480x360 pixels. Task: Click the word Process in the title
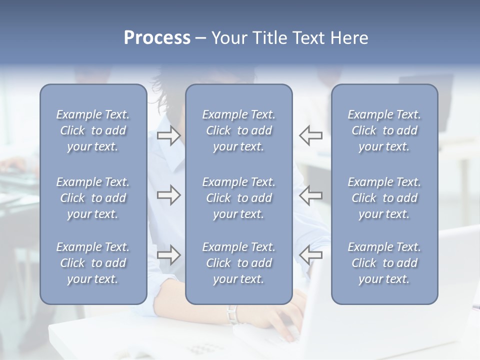pyautogui.click(x=157, y=38)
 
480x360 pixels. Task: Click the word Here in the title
pyautogui.click(x=349, y=38)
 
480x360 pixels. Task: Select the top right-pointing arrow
pyautogui.click(x=169, y=135)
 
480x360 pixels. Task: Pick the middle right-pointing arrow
pyautogui.click(x=169, y=194)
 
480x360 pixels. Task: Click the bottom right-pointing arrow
pyautogui.click(x=169, y=255)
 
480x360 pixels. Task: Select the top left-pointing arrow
pyautogui.click(x=310, y=135)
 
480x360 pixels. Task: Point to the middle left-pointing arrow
pyautogui.click(x=310, y=194)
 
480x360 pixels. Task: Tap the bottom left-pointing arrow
pyautogui.click(x=310, y=255)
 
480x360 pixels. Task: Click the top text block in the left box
pyautogui.click(x=93, y=130)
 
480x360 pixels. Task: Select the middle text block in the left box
pyautogui.click(x=93, y=198)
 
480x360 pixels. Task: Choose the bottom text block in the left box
pyautogui.click(x=93, y=263)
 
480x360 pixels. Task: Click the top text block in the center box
pyautogui.click(x=239, y=130)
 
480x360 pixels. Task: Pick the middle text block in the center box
pyautogui.click(x=239, y=198)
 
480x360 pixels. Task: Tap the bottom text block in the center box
pyautogui.click(x=239, y=263)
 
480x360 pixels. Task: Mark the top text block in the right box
pyautogui.click(x=384, y=130)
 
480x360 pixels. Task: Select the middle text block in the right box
pyautogui.click(x=384, y=198)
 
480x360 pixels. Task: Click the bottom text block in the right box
pyautogui.click(x=384, y=263)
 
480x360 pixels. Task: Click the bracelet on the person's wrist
pyautogui.click(x=231, y=314)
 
